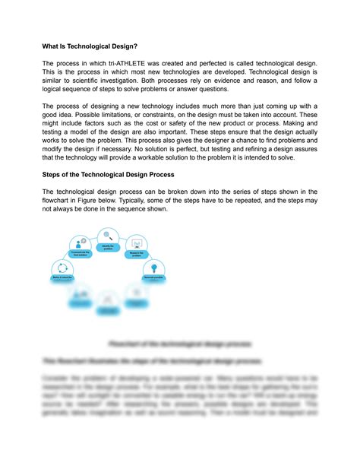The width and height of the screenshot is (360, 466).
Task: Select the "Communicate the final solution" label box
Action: pyautogui.click(x=80, y=253)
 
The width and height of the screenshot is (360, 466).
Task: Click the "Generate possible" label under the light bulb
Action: pyautogui.click(x=154, y=278)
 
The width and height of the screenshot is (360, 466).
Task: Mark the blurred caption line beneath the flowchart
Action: pyautogui.click(x=180, y=344)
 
